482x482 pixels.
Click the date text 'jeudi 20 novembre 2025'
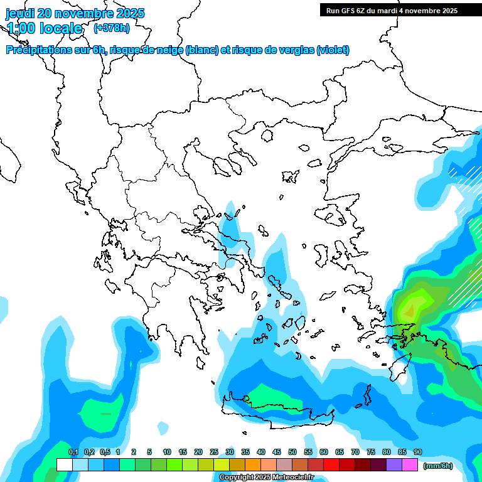tap(75, 13)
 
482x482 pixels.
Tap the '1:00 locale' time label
tap(45, 28)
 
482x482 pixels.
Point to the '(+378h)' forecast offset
tap(112, 28)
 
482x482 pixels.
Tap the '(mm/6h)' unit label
tap(437, 466)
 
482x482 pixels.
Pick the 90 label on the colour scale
tap(417, 452)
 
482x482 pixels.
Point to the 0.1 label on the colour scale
tap(73, 452)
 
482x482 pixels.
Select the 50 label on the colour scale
tap(292, 452)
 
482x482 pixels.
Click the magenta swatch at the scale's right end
tap(410, 465)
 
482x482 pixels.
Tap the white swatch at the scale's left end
tap(65, 465)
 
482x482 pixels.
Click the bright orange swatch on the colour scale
tap(253, 465)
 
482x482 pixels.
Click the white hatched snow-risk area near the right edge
tap(468, 179)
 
